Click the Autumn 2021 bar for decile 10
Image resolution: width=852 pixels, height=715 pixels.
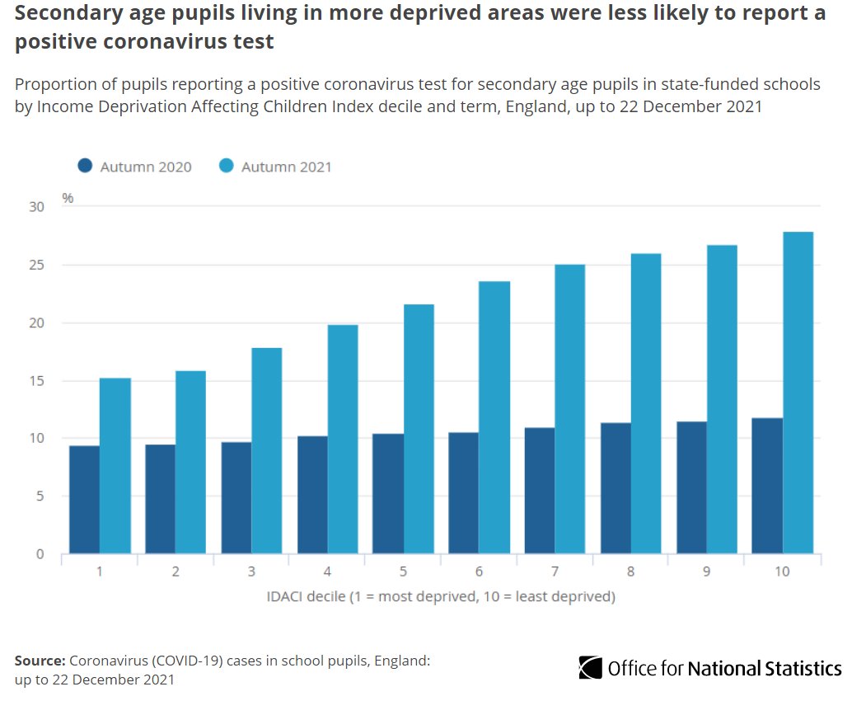click(x=798, y=393)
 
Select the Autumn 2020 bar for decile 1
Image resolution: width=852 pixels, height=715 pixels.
click(x=84, y=500)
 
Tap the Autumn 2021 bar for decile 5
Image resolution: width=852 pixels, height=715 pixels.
click(x=419, y=429)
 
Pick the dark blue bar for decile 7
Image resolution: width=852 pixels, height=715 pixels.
click(x=540, y=491)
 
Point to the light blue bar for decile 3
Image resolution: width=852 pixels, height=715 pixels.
click(x=266, y=450)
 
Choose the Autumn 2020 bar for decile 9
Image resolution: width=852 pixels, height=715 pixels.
click(x=691, y=487)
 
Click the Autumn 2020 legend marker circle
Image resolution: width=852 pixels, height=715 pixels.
click(x=85, y=166)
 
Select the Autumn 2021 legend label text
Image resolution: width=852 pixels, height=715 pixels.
click(x=286, y=167)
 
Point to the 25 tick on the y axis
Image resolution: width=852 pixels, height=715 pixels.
click(x=36, y=265)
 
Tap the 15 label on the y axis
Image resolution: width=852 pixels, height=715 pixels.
click(x=36, y=381)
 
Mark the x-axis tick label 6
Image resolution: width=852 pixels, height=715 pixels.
click(x=479, y=571)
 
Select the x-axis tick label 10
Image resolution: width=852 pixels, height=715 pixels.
click(x=782, y=571)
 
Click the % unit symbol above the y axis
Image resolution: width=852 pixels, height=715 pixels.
click(x=68, y=198)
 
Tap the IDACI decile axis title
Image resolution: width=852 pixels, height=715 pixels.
click(x=440, y=595)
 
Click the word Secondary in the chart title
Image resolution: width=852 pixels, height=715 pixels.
click(x=63, y=15)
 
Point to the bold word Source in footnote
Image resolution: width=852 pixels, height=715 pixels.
click(x=40, y=661)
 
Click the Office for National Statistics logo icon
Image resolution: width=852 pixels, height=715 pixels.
click(x=590, y=667)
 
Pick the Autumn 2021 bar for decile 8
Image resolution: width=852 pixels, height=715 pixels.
click(x=646, y=403)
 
